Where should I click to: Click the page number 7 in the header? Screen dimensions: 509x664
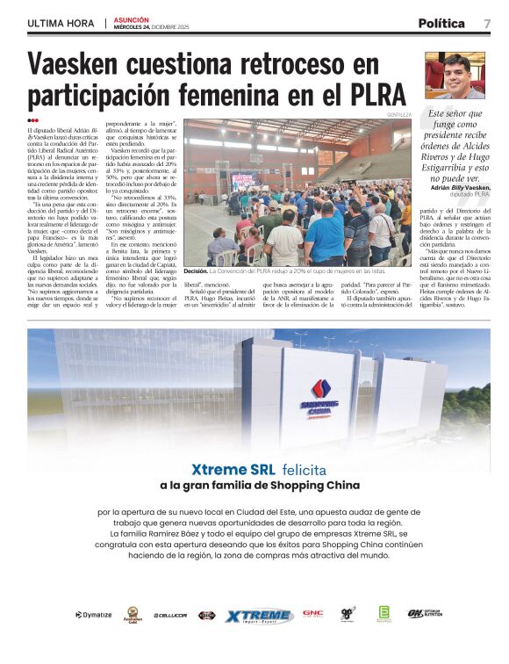pos(486,24)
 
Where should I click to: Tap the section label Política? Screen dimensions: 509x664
pos(441,24)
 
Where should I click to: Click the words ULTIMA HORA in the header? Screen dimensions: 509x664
pos(61,23)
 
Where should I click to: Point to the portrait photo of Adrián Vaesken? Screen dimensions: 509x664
pos(455,76)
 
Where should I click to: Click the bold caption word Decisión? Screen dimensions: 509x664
pos(196,272)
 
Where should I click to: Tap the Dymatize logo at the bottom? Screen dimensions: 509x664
pos(94,615)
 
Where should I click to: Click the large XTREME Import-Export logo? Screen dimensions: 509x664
pos(259,616)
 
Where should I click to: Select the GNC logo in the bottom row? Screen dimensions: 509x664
pos(312,614)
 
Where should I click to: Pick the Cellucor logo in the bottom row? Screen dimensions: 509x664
pos(169,615)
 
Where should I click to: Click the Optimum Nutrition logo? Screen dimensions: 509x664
pos(427,614)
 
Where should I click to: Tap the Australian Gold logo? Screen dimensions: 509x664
pos(133,615)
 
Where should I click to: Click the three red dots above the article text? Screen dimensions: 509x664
pos(32,120)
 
